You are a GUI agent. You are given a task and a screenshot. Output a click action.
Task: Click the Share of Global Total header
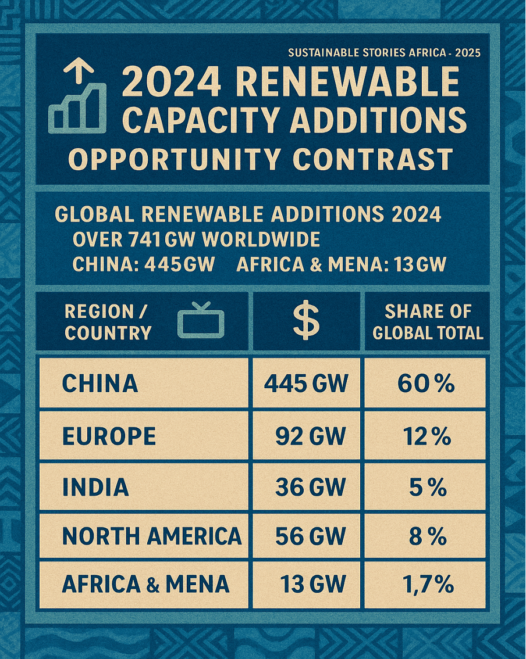pyautogui.click(x=428, y=322)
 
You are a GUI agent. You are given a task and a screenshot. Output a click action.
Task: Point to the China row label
pyautogui.click(x=100, y=384)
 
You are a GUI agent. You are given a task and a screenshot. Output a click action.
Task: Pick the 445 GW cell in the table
pyautogui.click(x=306, y=384)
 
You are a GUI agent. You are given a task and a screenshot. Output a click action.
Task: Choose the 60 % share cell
pyautogui.click(x=426, y=384)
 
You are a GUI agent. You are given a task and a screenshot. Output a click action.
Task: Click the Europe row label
pyautogui.click(x=109, y=436)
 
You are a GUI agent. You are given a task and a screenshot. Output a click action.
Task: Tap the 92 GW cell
pyautogui.click(x=310, y=436)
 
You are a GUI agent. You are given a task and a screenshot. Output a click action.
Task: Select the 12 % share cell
pyautogui.click(x=426, y=436)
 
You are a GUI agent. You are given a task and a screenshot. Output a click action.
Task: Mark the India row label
pyautogui.click(x=95, y=487)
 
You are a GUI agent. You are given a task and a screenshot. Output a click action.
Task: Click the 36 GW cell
pyautogui.click(x=310, y=487)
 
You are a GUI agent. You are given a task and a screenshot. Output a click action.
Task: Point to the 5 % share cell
pyautogui.click(x=428, y=487)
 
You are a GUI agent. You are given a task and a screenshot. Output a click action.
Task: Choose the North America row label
pyautogui.click(x=151, y=536)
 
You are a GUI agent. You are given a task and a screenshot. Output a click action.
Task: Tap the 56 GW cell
pyautogui.click(x=310, y=536)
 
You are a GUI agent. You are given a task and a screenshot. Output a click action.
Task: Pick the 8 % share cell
pyautogui.click(x=428, y=536)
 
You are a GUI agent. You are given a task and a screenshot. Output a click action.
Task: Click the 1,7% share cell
pyautogui.click(x=428, y=585)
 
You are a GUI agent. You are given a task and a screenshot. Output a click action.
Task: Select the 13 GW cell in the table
pyautogui.click(x=312, y=585)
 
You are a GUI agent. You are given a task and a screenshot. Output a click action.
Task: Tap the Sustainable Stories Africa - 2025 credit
pyautogui.click(x=384, y=53)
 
